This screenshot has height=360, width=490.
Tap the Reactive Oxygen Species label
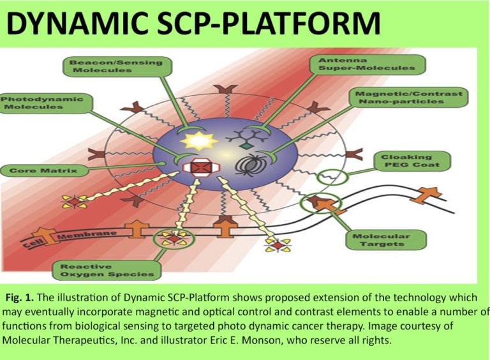click(x=107, y=270)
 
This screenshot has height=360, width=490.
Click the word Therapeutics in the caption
click(x=73, y=338)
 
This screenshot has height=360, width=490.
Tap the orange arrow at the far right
click(x=426, y=193)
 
